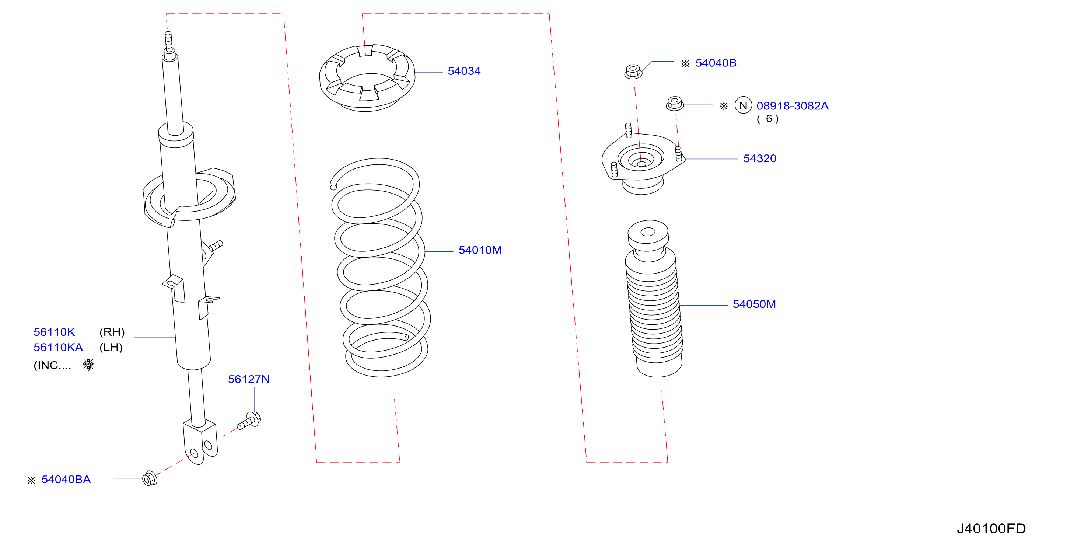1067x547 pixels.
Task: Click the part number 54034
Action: (x=464, y=71)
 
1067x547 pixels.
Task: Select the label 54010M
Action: (x=480, y=250)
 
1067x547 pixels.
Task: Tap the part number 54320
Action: (x=760, y=159)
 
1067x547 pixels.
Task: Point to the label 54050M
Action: (x=754, y=304)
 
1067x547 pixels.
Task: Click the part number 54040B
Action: (x=716, y=63)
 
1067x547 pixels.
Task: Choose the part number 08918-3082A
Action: (x=793, y=106)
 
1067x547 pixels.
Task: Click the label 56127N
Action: (x=249, y=379)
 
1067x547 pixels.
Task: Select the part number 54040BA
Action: (x=66, y=480)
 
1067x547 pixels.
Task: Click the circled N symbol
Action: (x=743, y=105)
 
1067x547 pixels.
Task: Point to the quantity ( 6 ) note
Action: (x=768, y=119)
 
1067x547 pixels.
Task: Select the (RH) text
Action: (x=112, y=332)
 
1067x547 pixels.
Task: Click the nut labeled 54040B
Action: (x=633, y=71)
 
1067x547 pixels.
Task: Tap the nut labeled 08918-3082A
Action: (x=675, y=103)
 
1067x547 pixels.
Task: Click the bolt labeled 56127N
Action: (x=249, y=421)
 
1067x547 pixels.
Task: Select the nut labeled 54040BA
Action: (x=150, y=478)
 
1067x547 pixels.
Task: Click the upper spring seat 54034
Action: (x=367, y=78)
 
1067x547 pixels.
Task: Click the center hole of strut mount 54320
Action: (x=641, y=164)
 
